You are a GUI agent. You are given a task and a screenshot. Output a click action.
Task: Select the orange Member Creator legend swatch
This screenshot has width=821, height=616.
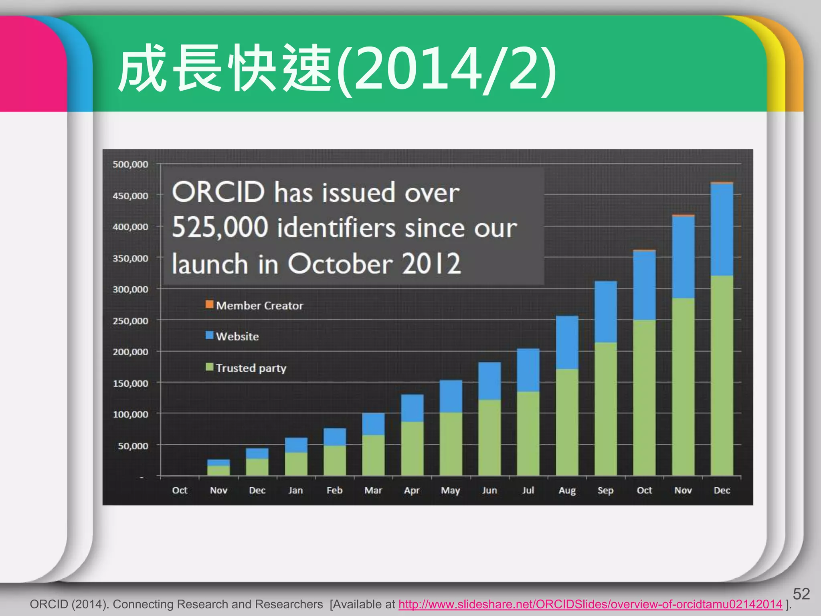pyautogui.click(x=209, y=304)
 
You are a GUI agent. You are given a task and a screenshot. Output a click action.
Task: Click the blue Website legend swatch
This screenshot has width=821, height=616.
pyautogui.click(x=209, y=335)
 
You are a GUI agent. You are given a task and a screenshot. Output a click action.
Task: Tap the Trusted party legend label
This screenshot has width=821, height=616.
pyautogui.click(x=251, y=368)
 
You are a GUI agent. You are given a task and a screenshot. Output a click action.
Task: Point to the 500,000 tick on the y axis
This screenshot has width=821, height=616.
pyautogui.click(x=130, y=164)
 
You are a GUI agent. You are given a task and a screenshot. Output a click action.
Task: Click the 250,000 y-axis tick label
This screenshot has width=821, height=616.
pyautogui.click(x=130, y=321)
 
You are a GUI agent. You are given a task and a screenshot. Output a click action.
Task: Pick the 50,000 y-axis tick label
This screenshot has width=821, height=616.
pyautogui.click(x=133, y=446)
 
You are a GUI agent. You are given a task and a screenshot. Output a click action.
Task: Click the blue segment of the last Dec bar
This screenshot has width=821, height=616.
pyautogui.click(x=722, y=229)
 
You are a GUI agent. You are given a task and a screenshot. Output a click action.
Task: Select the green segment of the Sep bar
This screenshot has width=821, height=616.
pyautogui.click(x=605, y=409)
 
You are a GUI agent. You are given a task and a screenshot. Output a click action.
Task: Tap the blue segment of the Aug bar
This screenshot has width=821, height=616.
pyautogui.click(x=567, y=342)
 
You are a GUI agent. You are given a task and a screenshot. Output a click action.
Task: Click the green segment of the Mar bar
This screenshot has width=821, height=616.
pyautogui.click(x=373, y=455)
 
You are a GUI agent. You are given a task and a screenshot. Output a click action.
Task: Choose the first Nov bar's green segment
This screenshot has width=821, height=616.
pyautogui.click(x=218, y=470)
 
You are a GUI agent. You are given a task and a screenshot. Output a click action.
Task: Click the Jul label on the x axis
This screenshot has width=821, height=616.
pyautogui.click(x=528, y=490)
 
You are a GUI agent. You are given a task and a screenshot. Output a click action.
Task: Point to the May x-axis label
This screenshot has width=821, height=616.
pyautogui.click(x=451, y=490)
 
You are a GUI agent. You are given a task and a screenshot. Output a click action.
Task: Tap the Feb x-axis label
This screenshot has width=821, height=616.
pyautogui.click(x=334, y=490)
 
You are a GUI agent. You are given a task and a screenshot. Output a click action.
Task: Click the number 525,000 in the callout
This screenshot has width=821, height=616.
pyautogui.click(x=220, y=227)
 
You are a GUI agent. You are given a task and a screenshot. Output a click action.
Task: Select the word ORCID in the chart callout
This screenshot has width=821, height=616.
pyautogui.click(x=218, y=192)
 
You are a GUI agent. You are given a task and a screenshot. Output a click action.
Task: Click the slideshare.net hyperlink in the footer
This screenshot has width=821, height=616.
pyautogui.click(x=590, y=604)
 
